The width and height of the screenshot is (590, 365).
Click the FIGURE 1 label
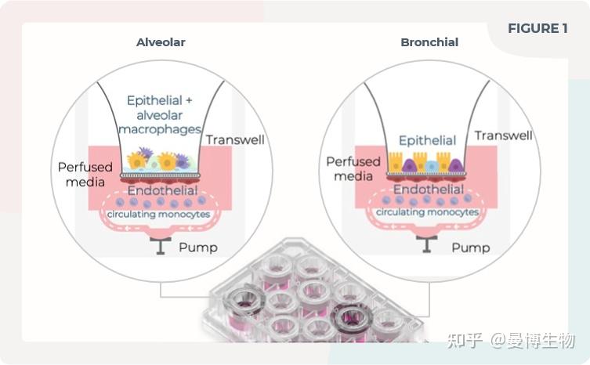pyautogui.click(x=538, y=29)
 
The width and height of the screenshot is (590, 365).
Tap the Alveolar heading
pyautogui.click(x=161, y=42)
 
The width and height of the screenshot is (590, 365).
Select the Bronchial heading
pyautogui.click(x=429, y=42)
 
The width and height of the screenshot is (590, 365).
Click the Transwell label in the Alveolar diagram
pyautogui.click(x=234, y=140)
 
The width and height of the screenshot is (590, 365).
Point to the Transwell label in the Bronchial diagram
pyautogui.click(x=503, y=136)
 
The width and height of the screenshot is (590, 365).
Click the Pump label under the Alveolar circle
pyautogui.click(x=198, y=248)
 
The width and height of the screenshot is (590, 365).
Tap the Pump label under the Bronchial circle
pyautogui.click(x=470, y=248)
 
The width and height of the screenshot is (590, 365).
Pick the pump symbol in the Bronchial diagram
pyautogui.click(x=427, y=244)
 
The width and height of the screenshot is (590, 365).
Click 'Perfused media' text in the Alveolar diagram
pyautogui.click(x=85, y=175)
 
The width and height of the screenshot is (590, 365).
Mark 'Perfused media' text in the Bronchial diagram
pyautogui.click(x=353, y=168)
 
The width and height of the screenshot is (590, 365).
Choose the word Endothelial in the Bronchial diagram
pyautogui.click(x=428, y=190)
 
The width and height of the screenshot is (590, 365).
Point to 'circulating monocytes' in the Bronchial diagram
pyautogui.click(x=428, y=212)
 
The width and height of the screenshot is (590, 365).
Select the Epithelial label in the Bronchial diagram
pyautogui.click(x=427, y=141)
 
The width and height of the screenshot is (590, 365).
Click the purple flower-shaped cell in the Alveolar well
pyautogui.click(x=145, y=153)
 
